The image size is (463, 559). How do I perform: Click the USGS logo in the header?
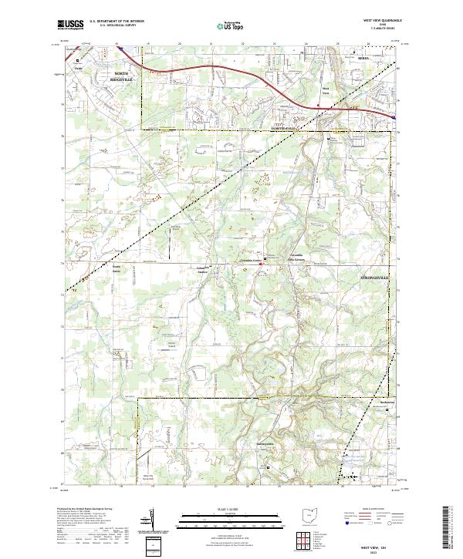[71, 24]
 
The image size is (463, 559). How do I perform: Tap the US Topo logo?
[230, 25]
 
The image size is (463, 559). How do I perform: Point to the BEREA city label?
[365, 58]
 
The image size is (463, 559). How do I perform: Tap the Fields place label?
[77, 66]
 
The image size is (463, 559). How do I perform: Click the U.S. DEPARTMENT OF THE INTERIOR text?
[117, 22]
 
